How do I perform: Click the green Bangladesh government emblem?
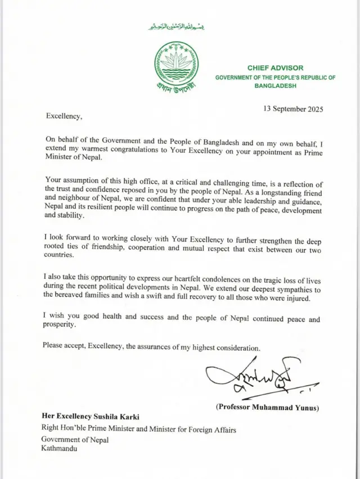pos(176,64)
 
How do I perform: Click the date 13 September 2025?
pos(293,109)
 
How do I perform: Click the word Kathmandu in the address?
pos(58,449)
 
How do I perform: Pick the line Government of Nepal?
pos(75,440)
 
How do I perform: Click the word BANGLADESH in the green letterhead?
pos(275,86)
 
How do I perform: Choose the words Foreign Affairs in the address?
pos(212,430)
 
